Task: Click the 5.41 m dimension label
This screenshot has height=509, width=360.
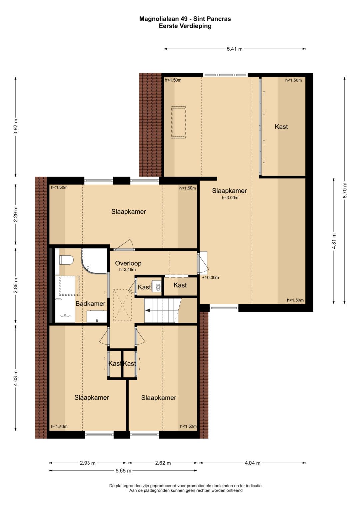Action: click(x=235, y=49)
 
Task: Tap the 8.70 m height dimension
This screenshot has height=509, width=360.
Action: click(x=345, y=190)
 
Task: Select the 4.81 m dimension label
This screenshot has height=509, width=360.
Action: click(x=334, y=241)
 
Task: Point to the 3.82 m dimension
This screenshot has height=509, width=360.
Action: click(x=15, y=127)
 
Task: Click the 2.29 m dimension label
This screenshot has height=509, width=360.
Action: click(x=15, y=214)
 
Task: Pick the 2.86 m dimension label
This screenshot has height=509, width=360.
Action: click(x=15, y=285)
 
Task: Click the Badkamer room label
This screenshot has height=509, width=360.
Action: click(x=90, y=304)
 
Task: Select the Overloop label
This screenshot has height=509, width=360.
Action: click(x=128, y=263)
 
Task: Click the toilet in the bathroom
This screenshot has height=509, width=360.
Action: click(x=66, y=260)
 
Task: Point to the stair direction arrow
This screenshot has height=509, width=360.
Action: click(x=148, y=310)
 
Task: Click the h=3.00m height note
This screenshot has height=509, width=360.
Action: click(x=230, y=198)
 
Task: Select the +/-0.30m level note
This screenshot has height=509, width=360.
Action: click(x=210, y=277)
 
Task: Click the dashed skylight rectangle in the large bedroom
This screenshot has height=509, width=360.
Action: click(x=178, y=122)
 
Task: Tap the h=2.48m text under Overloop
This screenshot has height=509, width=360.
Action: click(x=127, y=270)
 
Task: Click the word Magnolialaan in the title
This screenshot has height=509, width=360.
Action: click(x=159, y=19)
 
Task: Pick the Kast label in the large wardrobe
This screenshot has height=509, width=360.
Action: click(x=281, y=127)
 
